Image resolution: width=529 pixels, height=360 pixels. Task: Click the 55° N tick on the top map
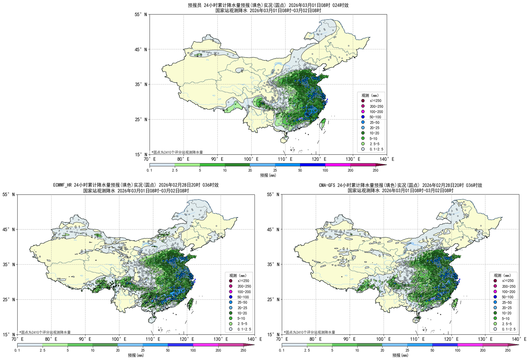(141, 14)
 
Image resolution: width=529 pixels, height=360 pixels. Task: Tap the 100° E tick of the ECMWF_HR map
(119, 339)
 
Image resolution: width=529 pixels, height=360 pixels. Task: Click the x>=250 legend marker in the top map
(363, 101)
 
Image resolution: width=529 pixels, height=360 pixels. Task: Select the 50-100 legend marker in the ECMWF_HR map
(231, 297)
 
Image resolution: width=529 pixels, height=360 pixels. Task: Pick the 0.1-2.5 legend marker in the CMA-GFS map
(495, 329)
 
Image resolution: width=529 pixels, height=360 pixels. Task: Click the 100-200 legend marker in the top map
(363, 112)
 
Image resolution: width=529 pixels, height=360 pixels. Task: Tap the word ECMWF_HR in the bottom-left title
(63, 185)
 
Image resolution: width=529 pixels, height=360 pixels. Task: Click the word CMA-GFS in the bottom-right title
(327, 185)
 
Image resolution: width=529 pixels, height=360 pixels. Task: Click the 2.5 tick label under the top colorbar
(175, 170)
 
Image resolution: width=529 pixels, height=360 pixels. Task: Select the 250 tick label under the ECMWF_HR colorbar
(243, 350)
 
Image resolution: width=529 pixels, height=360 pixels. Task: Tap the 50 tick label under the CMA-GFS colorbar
(432, 350)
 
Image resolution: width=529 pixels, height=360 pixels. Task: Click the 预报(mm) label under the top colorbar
(268, 175)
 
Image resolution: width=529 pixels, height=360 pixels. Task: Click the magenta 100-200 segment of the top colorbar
(338, 165)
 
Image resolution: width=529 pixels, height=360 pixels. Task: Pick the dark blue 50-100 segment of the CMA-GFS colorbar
(445, 345)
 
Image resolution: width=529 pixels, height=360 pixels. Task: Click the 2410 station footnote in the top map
(177, 152)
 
